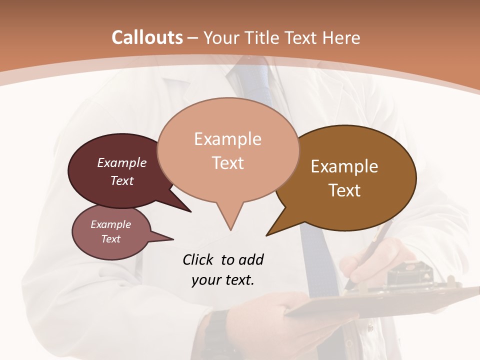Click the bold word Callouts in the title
(x=147, y=37)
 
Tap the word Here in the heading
(x=341, y=38)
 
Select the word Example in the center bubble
(x=227, y=139)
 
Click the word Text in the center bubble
(x=228, y=163)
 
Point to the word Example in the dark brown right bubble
(x=344, y=166)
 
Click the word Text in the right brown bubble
(x=344, y=190)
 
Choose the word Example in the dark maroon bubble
(x=121, y=162)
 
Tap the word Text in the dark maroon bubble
(x=121, y=180)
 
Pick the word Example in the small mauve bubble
(x=110, y=224)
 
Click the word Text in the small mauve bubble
(x=110, y=239)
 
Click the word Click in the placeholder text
(x=198, y=259)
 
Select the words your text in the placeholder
(x=222, y=280)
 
